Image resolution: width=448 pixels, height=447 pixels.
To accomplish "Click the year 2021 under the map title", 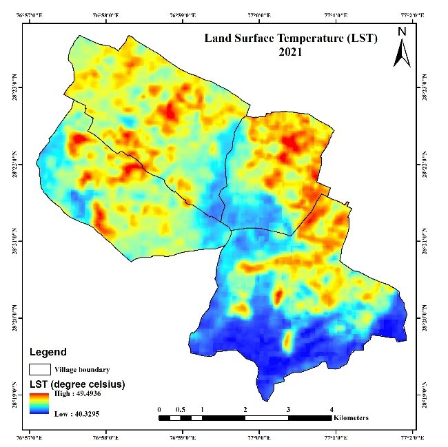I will point(290,52).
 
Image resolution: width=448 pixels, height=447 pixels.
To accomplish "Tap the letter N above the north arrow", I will point(402,31).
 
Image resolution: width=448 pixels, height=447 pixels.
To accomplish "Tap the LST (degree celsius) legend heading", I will point(76,384).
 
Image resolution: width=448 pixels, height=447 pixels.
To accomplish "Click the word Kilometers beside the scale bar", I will point(351,418).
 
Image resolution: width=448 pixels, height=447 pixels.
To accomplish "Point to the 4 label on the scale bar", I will point(332,409).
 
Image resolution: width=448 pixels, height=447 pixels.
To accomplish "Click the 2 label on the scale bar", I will point(245,409).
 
